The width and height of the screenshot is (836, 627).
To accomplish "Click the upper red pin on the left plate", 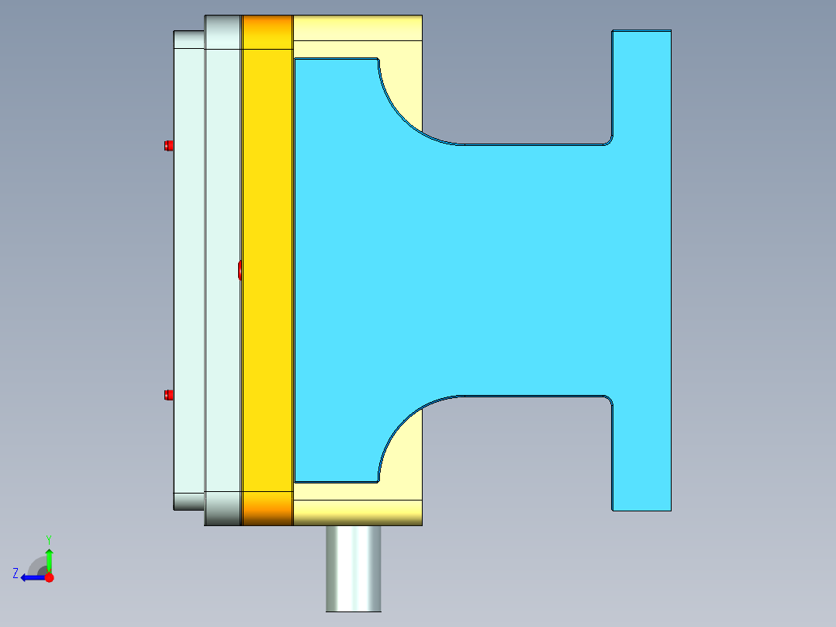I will tap(168, 145).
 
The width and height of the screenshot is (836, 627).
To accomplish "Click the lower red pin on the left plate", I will tap(168, 395).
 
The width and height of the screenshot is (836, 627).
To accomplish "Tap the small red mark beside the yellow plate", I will tap(240, 269).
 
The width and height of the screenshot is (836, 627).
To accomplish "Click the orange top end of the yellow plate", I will tap(267, 31).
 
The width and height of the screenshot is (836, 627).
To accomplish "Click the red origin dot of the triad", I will tap(49, 577).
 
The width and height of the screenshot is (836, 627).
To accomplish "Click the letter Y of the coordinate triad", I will tap(49, 539).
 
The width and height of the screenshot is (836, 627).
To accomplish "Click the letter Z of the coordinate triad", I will tap(16, 573).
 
